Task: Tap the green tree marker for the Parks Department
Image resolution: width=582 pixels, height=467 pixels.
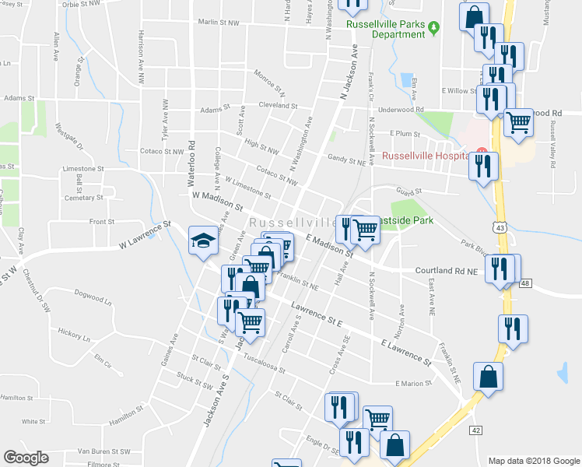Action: point(435,28)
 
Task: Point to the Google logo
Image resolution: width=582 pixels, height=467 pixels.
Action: point(26,458)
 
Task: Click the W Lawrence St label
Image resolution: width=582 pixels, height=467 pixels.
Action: point(145,236)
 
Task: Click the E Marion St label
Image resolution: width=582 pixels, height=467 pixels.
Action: point(412,383)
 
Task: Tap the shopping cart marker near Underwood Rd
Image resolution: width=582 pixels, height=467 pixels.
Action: point(518,121)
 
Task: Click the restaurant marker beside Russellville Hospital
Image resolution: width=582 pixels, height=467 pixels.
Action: point(484,166)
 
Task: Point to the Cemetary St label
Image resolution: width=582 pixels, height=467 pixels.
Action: point(85,198)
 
